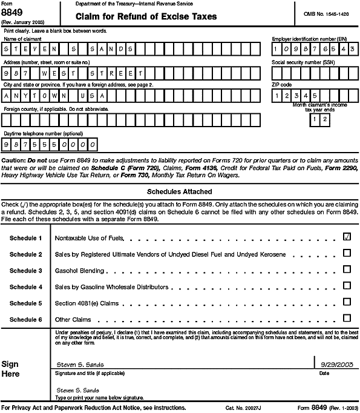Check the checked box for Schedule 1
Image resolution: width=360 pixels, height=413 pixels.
(x=347, y=238)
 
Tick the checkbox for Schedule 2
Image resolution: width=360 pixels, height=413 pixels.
(x=347, y=254)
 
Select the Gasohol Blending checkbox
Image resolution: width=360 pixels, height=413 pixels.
(x=347, y=270)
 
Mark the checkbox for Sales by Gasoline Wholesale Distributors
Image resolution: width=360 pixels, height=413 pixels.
(x=347, y=286)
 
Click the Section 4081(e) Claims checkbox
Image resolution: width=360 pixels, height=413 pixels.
(x=347, y=302)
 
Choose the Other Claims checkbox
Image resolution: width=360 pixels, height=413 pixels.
(x=347, y=317)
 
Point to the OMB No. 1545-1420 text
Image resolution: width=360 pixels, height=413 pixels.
(x=329, y=13)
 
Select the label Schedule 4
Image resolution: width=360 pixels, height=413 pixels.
(x=26, y=286)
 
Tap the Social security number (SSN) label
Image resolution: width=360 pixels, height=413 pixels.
(x=300, y=62)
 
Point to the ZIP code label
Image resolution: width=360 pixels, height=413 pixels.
(x=283, y=85)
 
